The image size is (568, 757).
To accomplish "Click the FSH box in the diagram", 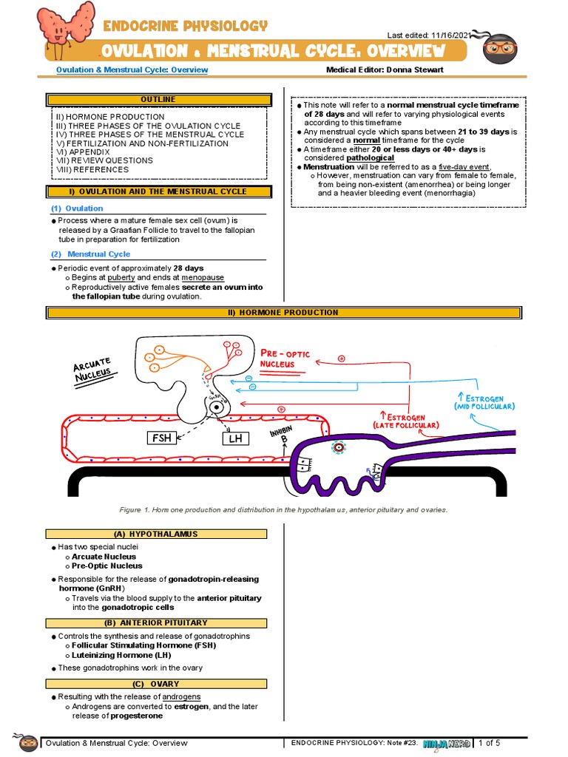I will [x=162, y=438].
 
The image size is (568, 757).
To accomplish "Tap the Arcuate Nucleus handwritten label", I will [x=93, y=367].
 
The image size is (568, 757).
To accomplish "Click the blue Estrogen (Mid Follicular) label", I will [x=484, y=401].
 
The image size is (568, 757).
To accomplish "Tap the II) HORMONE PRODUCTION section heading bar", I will [x=283, y=313].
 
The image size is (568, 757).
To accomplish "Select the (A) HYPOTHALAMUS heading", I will [x=156, y=534].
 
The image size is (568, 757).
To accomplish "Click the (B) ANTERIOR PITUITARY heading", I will [x=156, y=622].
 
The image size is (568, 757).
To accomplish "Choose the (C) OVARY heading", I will [x=156, y=684].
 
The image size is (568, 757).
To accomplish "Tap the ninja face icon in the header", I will [x=500, y=50].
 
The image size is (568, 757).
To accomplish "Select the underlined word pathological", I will [x=370, y=157].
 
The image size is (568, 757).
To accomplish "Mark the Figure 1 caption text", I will [x=283, y=509].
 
